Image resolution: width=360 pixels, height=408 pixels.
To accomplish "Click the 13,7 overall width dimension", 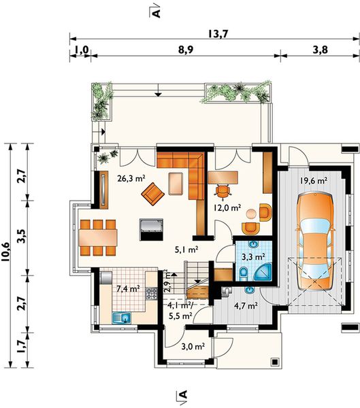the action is tap(218, 34).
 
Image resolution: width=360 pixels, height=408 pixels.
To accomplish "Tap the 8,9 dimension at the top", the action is tap(186, 50).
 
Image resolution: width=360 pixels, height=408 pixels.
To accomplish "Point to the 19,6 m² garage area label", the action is tap(313, 181).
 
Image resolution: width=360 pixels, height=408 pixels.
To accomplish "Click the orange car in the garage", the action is tap(315, 241).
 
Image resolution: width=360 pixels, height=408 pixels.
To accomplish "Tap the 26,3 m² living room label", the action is tap(131, 178).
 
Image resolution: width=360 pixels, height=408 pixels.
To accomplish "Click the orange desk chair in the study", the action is tap(223, 192).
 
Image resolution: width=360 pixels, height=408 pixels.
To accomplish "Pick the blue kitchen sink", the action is tap(121, 318).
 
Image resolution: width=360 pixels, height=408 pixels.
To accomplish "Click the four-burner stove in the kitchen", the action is tap(152, 294).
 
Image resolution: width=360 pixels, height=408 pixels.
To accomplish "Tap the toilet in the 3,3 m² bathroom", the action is tap(244, 274).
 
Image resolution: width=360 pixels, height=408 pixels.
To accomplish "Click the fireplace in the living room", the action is tap(151, 229).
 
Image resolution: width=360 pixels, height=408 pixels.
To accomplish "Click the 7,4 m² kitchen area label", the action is tap(128, 288).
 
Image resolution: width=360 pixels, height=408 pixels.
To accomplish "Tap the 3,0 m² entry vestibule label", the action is tap(193, 346).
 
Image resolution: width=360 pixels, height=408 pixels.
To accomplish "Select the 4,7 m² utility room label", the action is tap(246, 305).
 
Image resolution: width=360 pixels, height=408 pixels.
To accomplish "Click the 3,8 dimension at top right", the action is tap(320, 50).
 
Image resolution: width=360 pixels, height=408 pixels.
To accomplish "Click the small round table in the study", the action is tap(251, 214).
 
